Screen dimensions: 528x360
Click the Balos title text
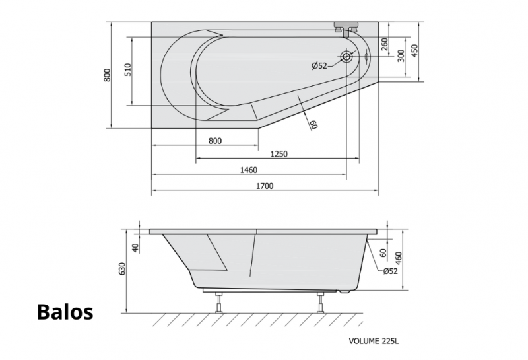pyautogui.click(x=65, y=312)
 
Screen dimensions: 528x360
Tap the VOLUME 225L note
pyautogui.click(x=374, y=341)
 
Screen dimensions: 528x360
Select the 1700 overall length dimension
pyautogui.click(x=265, y=186)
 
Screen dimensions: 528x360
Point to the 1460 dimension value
pyautogui.click(x=249, y=170)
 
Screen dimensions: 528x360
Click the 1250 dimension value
pyautogui.click(x=279, y=154)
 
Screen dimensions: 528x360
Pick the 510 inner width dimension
pyautogui.click(x=128, y=70)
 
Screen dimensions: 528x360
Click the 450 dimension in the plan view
pyautogui.click(x=414, y=51)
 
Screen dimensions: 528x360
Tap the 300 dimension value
pyautogui.click(x=401, y=56)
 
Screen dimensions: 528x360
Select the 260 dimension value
pyautogui.click(x=385, y=44)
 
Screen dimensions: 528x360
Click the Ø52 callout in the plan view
pyautogui.click(x=319, y=66)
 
